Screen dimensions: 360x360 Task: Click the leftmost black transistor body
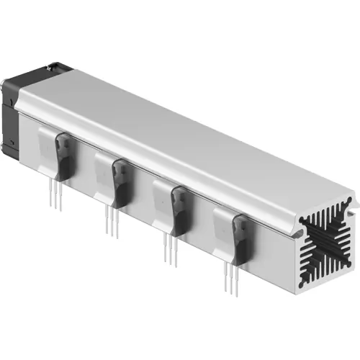65,158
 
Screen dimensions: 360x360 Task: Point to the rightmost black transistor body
243,241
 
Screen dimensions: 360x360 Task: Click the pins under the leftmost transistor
56,194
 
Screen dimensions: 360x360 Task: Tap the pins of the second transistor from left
112,220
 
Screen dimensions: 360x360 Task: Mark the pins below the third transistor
170,248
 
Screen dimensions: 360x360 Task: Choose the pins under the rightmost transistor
233,277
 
